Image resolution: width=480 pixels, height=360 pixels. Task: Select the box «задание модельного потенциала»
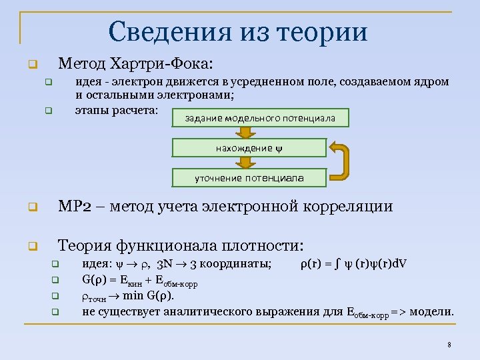click(x=261, y=119)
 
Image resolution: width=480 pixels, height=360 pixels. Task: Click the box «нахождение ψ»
click(x=249, y=148)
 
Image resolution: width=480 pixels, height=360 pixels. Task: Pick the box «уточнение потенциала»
click(x=249, y=178)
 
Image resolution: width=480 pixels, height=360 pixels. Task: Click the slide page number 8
click(x=449, y=345)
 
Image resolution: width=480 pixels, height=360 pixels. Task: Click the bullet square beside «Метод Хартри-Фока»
click(x=31, y=66)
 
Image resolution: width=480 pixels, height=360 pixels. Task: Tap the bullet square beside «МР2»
click(x=31, y=207)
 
